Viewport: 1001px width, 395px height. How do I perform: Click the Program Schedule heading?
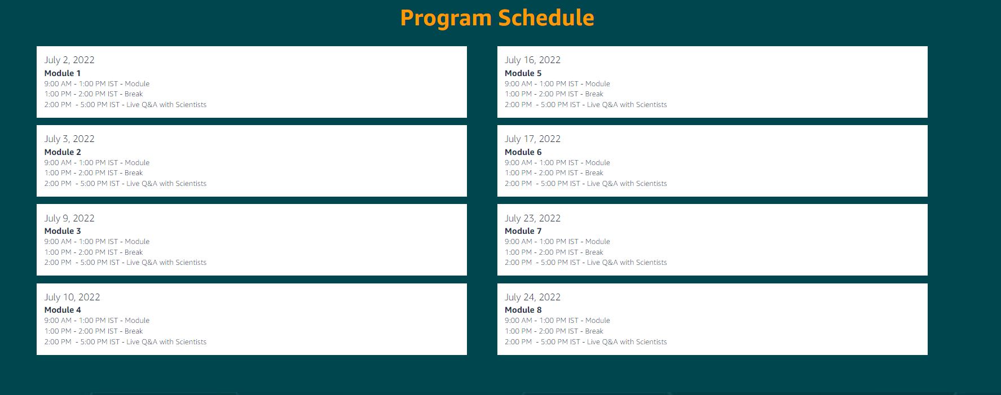click(x=497, y=18)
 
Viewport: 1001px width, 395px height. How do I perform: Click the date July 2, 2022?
click(x=69, y=60)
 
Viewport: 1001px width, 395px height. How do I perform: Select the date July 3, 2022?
click(x=69, y=139)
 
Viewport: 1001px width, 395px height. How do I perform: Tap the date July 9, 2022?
click(x=69, y=218)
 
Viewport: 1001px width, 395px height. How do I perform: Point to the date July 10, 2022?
click(x=72, y=297)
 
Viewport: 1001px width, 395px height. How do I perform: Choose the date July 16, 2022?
click(x=532, y=60)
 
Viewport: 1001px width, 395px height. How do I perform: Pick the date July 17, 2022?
click(x=532, y=139)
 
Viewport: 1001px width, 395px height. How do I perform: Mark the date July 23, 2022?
click(x=532, y=218)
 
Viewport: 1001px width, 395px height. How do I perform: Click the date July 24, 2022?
click(x=532, y=297)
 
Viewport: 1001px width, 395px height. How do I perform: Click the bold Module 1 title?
click(x=63, y=73)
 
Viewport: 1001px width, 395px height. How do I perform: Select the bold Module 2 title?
click(x=63, y=152)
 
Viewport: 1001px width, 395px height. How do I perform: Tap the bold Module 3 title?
click(x=63, y=231)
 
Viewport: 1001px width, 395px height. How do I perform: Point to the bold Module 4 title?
click(x=63, y=310)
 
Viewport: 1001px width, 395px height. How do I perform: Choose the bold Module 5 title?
click(x=523, y=73)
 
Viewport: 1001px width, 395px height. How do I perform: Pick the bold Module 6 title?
click(x=523, y=152)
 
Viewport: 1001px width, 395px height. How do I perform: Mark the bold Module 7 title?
click(x=523, y=231)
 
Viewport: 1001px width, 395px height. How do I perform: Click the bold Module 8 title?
click(x=523, y=310)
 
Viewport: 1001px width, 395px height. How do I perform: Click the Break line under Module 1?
click(x=94, y=94)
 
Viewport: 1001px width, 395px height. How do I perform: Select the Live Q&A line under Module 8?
click(x=586, y=342)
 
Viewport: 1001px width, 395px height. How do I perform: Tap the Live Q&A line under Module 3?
click(x=125, y=263)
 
